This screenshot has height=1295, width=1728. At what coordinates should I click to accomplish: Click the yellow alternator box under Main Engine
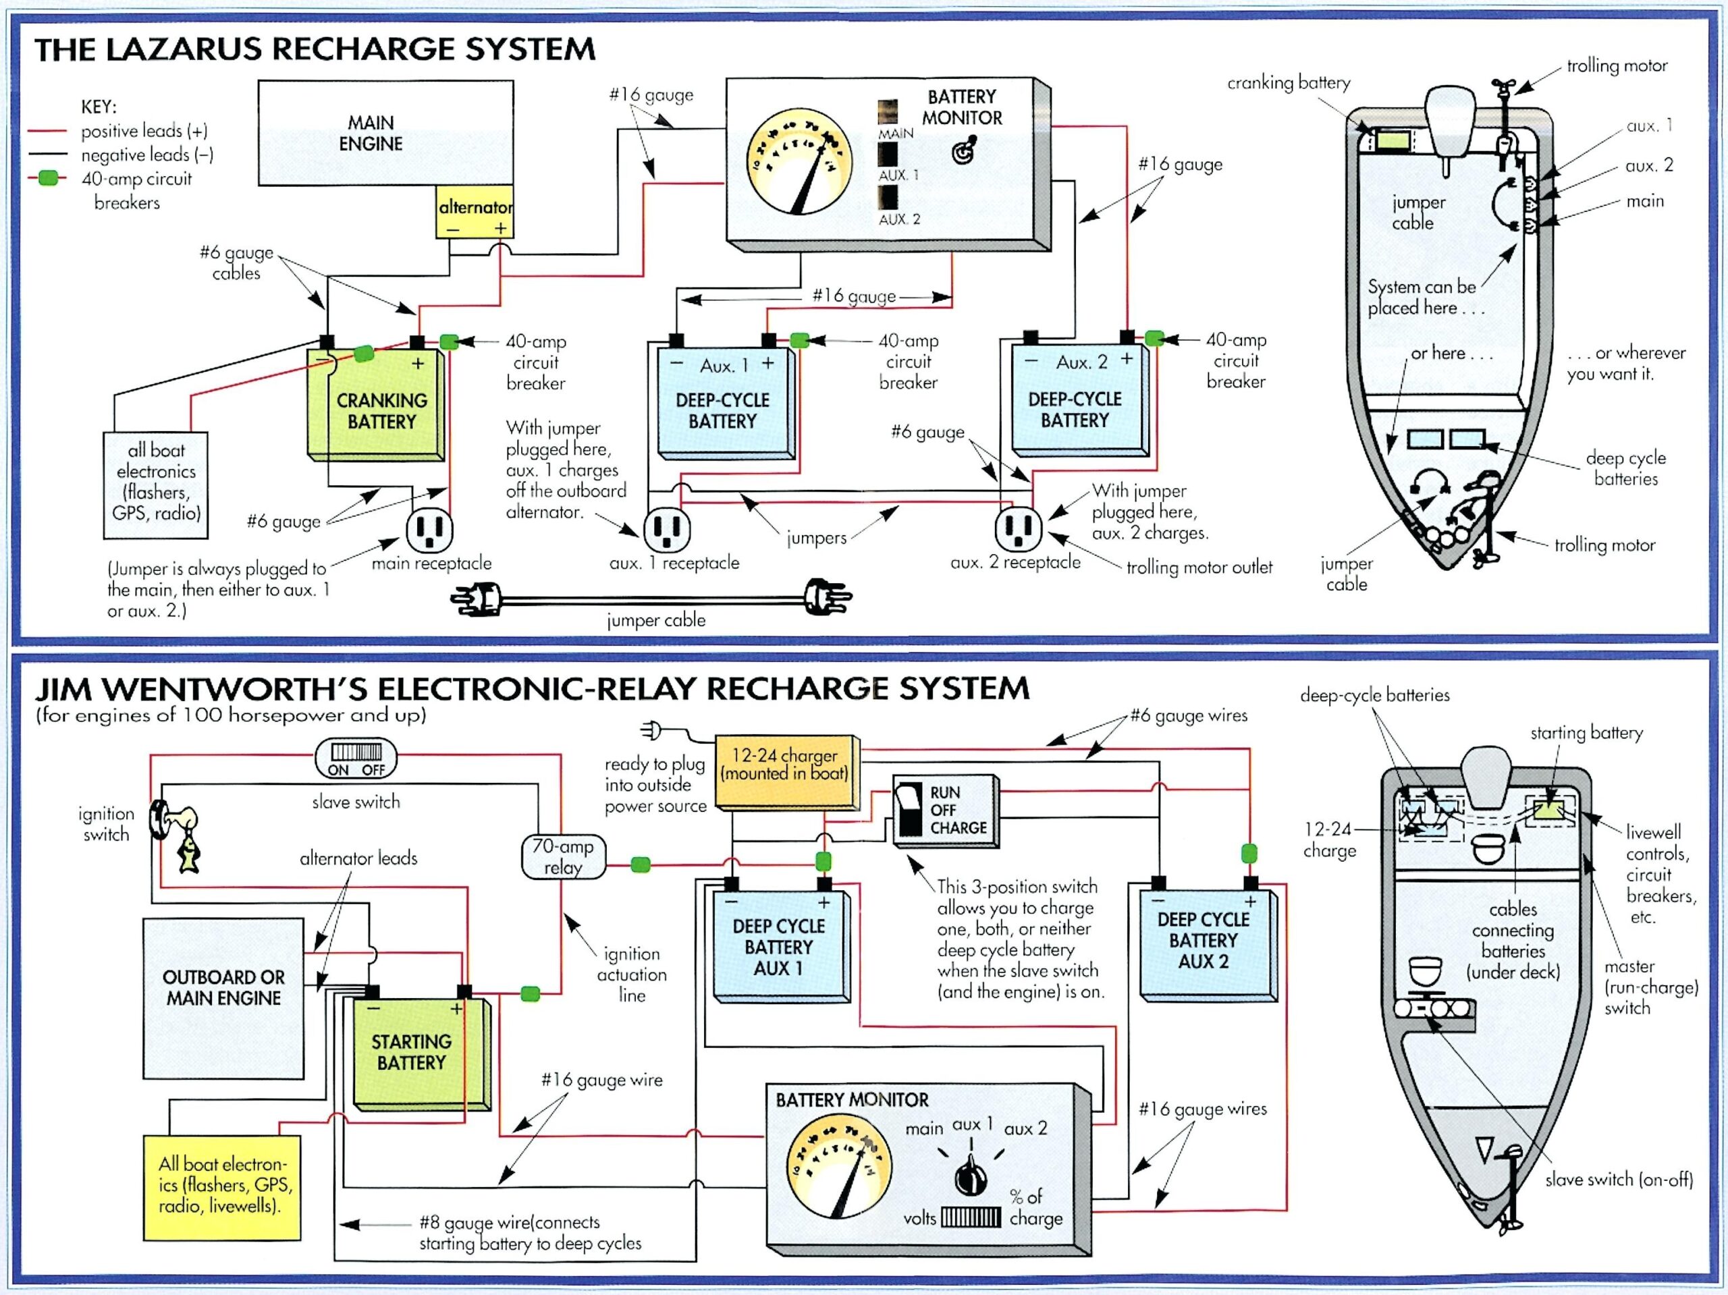tap(474, 212)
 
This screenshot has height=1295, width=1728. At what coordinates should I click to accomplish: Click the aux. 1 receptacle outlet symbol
tap(666, 529)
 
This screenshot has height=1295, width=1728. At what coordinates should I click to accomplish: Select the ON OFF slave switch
tap(356, 759)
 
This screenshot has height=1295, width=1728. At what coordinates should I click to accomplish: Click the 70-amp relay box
tap(562, 857)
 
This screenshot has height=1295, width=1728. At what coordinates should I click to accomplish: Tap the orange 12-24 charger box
tap(784, 771)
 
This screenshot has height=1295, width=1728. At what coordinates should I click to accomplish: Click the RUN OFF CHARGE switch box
tap(945, 810)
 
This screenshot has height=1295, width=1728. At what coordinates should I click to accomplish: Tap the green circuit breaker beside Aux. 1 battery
tap(799, 341)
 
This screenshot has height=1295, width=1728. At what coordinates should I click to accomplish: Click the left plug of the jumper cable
tap(478, 599)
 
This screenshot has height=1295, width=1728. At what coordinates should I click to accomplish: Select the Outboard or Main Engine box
tap(223, 987)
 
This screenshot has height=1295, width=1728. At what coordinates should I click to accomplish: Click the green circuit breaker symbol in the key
tap(48, 178)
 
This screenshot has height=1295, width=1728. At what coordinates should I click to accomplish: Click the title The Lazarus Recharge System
tap(315, 49)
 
